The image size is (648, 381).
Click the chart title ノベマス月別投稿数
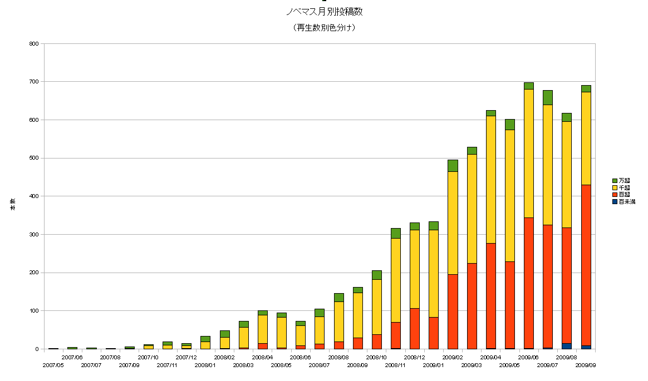pyautogui.click(x=323, y=12)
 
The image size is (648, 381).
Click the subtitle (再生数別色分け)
pyautogui.click(x=323, y=27)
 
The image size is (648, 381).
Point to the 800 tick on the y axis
pyautogui.click(x=34, y=43)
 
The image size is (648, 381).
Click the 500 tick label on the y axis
pyautogui.click(x=34, y=158)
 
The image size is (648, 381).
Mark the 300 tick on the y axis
pyautogui.click(x=34, y=235)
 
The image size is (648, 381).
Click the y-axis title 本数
pyautogui.click(x=12, y=204)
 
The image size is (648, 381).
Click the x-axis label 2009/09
pyautogui.click(x=586, y=365)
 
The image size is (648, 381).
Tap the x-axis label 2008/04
pyautogui.click(x=262, y=358)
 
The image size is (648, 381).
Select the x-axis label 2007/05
pyautogui.click(x=53, y=365)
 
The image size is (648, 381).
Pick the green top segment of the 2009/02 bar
pyautogui.click(x=453, y=166)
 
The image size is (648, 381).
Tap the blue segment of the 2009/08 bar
pyautogui.click(x=567, y=346)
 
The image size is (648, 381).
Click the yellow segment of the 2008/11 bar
pyautogui.click(x=395, y=280)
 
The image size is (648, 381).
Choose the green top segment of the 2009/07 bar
pyautogui.click(x=548, y=97)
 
